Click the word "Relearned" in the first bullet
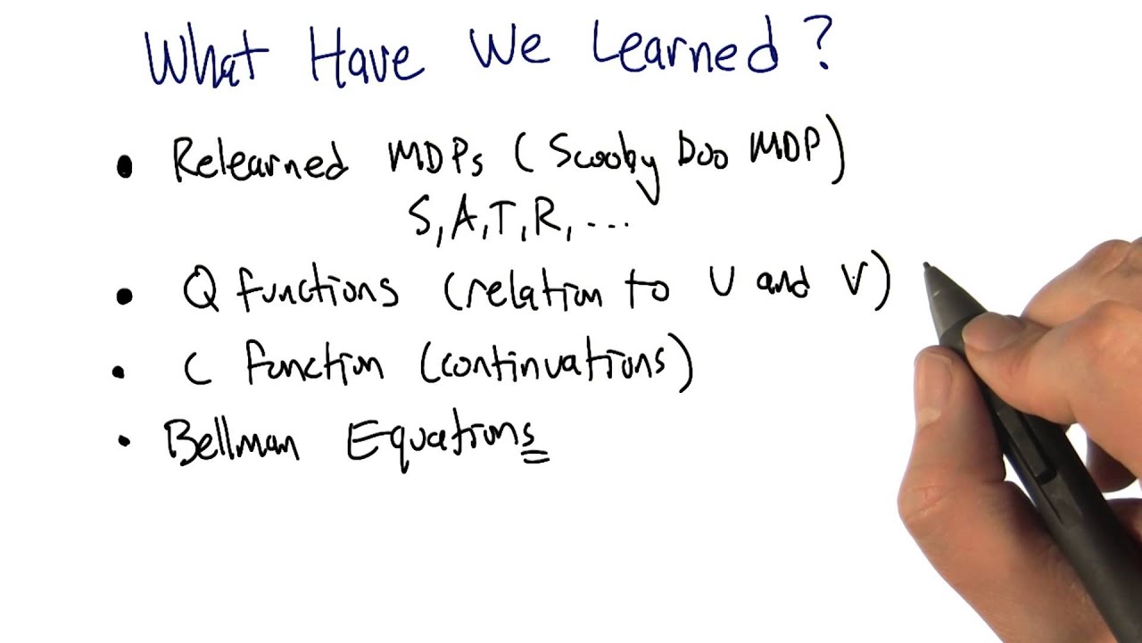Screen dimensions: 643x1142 point(260,161)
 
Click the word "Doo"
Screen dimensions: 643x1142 point(703,154)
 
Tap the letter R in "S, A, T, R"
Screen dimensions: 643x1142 point(547,220)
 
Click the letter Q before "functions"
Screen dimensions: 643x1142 point(201,290)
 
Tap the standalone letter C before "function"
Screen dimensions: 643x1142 point(195,369)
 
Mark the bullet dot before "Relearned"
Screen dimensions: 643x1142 point(125,168)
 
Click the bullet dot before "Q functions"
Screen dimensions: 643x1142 point(124,296)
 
